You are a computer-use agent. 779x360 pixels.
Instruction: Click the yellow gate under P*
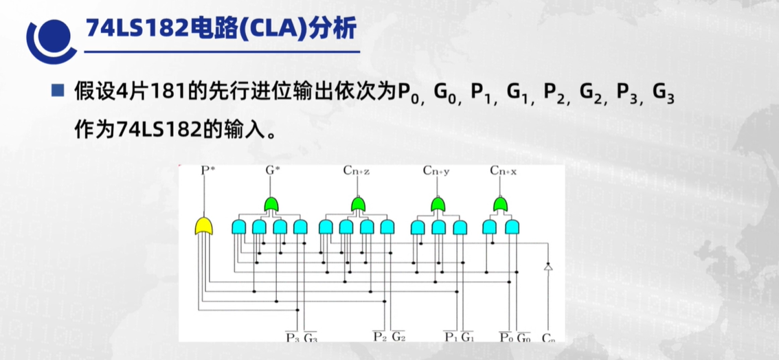(204, 225)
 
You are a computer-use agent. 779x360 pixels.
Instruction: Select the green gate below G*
(272, 204)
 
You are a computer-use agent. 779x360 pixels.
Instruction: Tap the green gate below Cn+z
(357, 204)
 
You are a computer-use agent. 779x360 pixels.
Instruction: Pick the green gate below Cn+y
(438, 204)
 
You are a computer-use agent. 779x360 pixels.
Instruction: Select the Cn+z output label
(357, 170)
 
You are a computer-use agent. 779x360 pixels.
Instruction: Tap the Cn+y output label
(436, 170)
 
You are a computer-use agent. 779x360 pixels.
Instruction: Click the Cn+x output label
(504, 170)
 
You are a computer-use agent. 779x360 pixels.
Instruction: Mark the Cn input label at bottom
(548, 337)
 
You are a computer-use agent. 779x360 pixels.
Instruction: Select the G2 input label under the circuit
(398, 337)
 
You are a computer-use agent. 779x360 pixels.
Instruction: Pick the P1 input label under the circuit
(451, 337)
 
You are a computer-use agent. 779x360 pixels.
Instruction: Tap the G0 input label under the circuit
(523, 337)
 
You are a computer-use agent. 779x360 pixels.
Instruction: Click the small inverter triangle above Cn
(547, 267)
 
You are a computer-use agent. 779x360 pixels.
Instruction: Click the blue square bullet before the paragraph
(58, 90)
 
